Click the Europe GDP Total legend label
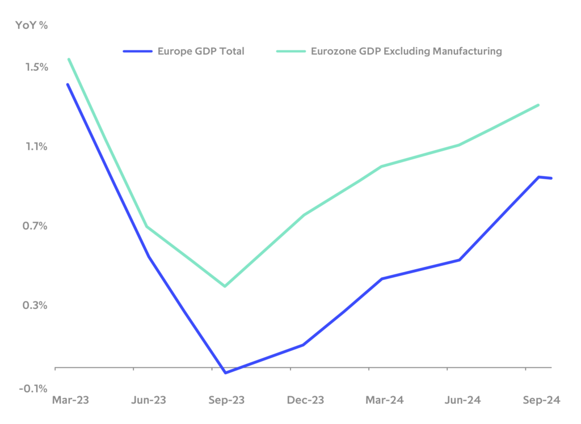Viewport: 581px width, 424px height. tap(201, 52)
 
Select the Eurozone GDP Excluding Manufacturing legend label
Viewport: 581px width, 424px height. tap(406, 52)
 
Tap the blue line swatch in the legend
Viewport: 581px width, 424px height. tap(138, 52)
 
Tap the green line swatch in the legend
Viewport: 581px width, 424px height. tap(291, 52)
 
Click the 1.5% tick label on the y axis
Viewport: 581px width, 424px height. tap(37, 67)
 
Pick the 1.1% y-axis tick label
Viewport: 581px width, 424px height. tap(37, 147)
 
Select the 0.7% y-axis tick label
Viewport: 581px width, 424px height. tap(37, 226)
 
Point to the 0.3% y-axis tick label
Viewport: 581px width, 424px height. tap(37, 306)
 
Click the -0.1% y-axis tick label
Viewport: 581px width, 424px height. tap(35, 388)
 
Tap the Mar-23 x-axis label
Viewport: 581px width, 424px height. tap(70, 400)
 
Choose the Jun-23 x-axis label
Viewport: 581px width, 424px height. tap(149, 400)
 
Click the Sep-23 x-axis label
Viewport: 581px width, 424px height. tap(226, 400)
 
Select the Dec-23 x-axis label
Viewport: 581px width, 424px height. tap(305, 400)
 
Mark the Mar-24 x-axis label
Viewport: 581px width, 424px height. tap(385, 400)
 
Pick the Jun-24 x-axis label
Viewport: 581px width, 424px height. tap(463, 400)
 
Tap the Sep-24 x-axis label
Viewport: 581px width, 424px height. tap(542, 400)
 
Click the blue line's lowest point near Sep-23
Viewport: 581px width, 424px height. tap(225, 372)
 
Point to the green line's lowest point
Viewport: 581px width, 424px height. tap(225, 286)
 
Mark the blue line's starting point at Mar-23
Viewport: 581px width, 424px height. tap(68, 84)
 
